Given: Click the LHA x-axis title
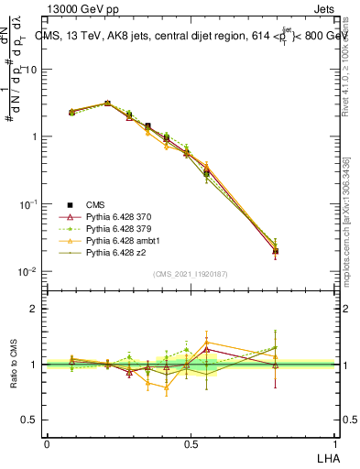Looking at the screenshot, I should point(326,456).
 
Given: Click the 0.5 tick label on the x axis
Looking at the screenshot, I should point(191,442).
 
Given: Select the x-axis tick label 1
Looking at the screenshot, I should point(334,442).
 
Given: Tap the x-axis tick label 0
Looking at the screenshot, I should point(47,442).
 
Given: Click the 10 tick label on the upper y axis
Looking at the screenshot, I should point(31,70).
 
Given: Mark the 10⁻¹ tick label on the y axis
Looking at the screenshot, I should point(29,204).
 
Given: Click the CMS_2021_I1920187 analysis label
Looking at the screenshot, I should point(191,274).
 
